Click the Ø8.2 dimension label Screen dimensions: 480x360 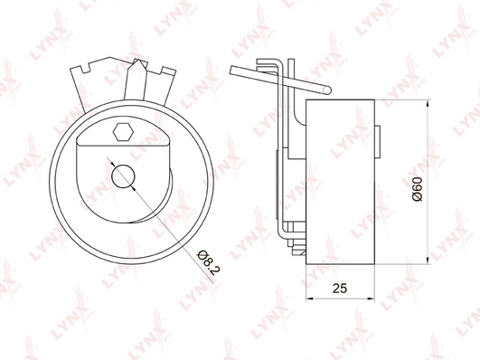[x=210, y=262]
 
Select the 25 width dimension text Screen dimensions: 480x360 [x=340, y=289]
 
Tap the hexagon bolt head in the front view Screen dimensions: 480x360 [x=123, y=132]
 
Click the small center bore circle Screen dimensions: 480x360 [x=123, y=176]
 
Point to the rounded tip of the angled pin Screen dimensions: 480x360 [x=327, y=90]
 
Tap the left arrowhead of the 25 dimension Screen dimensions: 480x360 [x=309, y=298]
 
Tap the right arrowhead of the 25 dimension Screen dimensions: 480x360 [x=371, y=298]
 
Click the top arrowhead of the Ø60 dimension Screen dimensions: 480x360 [x=428, y=103]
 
